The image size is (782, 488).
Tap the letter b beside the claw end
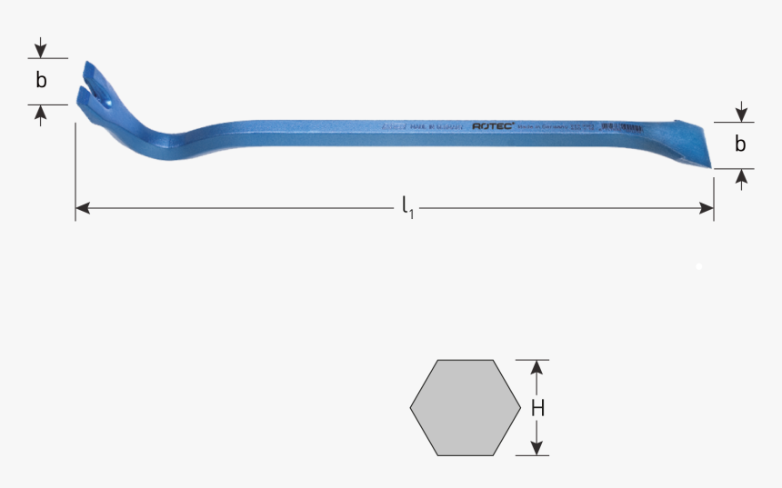41,81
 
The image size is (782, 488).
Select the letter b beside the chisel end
740,144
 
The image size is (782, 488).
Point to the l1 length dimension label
408,207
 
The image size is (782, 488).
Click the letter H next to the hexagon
537,408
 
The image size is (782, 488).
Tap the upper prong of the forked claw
90,71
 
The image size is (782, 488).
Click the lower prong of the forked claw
85,95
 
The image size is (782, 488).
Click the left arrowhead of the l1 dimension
82,208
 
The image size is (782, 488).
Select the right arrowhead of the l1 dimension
707,208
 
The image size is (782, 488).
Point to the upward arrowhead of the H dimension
537,366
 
